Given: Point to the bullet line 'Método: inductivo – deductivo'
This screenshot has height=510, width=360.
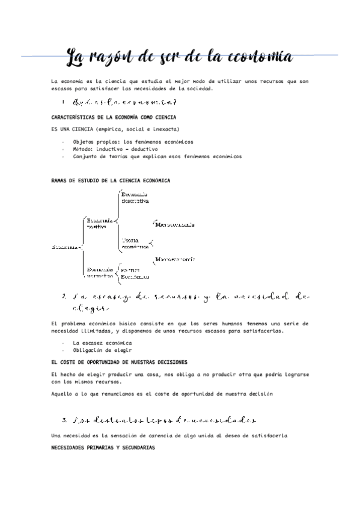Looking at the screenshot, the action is point(115,149).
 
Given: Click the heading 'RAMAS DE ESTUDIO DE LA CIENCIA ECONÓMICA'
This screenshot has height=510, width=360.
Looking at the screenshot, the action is point(111,180).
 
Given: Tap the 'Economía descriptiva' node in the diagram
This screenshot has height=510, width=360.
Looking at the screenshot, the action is point(135,198).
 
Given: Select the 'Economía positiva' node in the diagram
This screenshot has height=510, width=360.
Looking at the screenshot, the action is point(100,224).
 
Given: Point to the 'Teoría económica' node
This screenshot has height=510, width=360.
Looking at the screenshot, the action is point(135,243).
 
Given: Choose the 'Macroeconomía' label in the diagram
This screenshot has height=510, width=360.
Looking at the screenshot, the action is point(175,260).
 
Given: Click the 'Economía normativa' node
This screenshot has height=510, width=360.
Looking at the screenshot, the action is point(100,272).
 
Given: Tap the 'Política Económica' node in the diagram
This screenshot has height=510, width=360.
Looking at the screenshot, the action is point(135,274).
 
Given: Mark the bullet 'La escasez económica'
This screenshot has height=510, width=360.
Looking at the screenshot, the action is point(102,343).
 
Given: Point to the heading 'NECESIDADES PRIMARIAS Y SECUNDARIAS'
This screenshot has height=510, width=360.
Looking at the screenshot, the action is point(103,448).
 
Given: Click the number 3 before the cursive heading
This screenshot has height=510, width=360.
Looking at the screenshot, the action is point(64,419).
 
